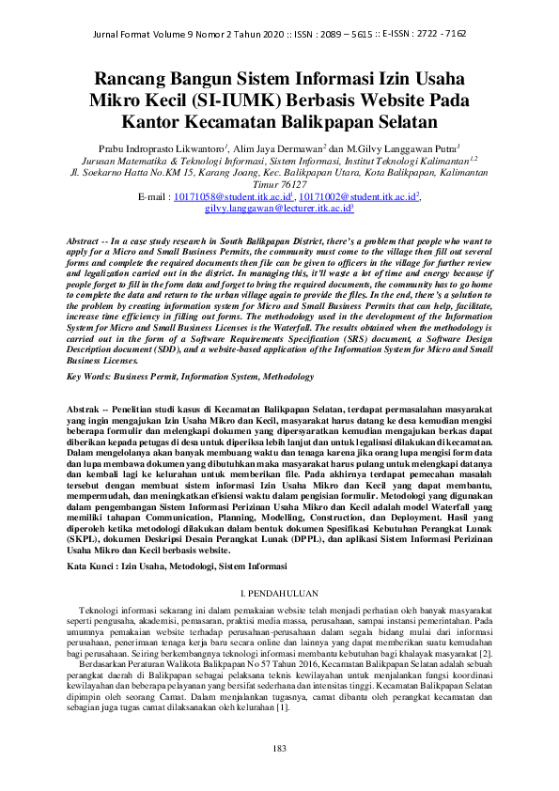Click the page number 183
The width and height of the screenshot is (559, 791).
tap(278, 748)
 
